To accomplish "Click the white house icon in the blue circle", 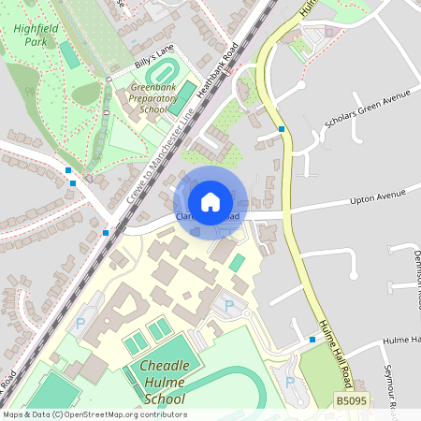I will click(210, 201).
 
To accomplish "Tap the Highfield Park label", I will click(36, 35).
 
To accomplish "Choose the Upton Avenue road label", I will click(378, 196).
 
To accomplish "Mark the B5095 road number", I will click(350, 401).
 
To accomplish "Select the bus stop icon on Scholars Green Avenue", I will click(282, 129).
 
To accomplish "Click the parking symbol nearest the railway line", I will click(80, 324).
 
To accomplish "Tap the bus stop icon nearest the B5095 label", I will click(312, 339).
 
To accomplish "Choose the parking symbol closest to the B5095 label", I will click(289, 383).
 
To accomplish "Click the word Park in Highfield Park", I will click(36, 42).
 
